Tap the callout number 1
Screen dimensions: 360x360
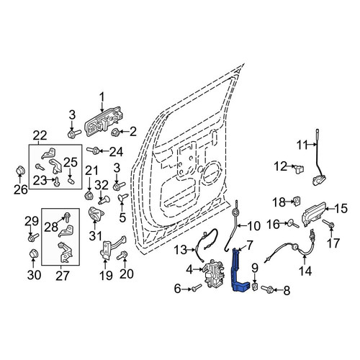[102, 98]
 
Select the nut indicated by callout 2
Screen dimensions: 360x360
[116, 132]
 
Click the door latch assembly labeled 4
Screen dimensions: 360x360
[214, 274]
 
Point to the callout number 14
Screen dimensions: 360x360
[305, 271]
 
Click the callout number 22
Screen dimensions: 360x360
[40, 136]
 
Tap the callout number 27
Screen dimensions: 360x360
[63, 275]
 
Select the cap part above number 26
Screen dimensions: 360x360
[20, 171]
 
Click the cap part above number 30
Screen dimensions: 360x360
[33, 254]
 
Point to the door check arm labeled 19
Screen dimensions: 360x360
[113, 247]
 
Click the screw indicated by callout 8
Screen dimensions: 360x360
[267, 288]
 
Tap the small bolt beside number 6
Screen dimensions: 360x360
[197, 288]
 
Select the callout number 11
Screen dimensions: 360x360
[302, 145]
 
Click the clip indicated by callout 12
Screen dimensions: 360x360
[300, 168]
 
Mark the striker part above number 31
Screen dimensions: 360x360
[96, 214]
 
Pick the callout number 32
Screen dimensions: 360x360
[102, 185]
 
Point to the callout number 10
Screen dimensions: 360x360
[253, 226]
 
